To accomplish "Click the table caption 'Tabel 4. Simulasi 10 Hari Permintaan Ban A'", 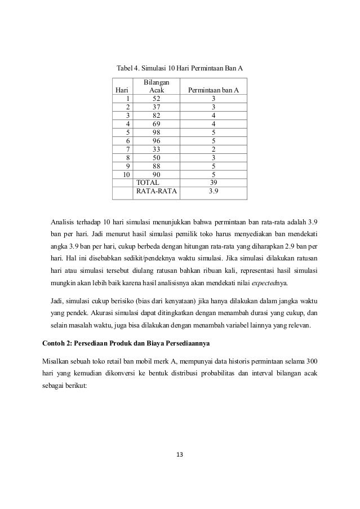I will point(180,69).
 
